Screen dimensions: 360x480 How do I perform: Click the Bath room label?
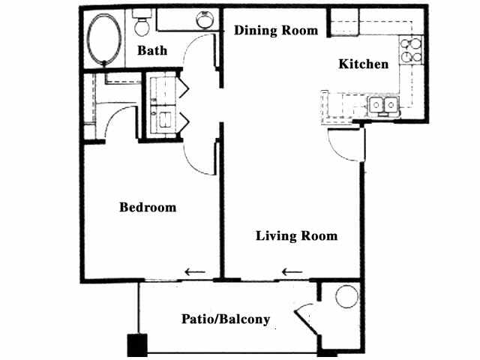point(151,51)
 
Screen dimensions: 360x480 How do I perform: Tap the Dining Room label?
point(275,31)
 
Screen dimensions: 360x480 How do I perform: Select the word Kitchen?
point(364,64)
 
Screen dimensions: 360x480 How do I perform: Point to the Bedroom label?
point(148,207)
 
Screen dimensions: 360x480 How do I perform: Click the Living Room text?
point(296,236)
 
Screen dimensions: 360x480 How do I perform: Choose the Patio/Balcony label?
point(226,319)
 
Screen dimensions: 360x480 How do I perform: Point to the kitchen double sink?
point(385,106)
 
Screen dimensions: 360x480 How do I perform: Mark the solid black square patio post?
point(136,344)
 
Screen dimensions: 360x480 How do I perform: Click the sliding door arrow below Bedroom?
point(195,271)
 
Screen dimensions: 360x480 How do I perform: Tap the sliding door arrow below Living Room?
point(292,271)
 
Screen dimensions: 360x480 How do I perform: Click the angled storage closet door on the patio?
point(307,319)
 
